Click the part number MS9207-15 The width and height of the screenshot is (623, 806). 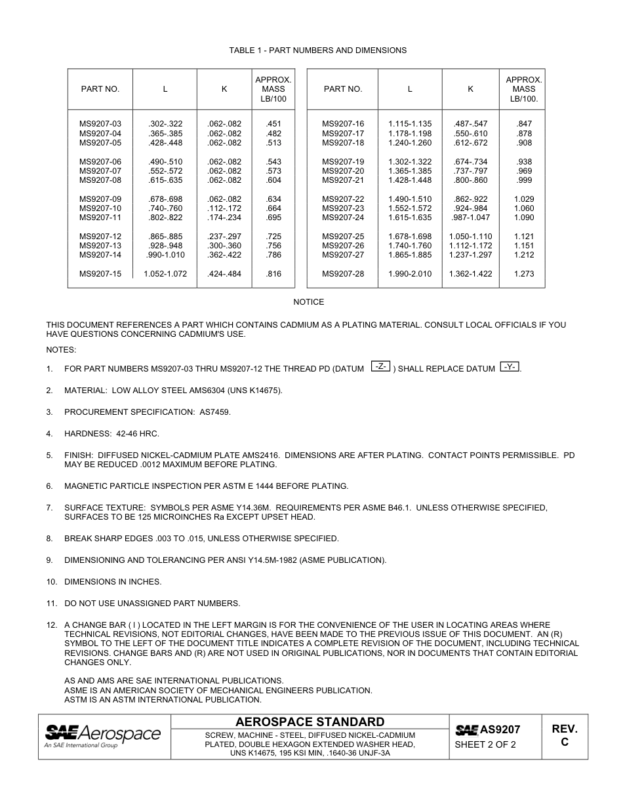(x=100, y=274)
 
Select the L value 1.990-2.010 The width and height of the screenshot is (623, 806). (x=410, y=274)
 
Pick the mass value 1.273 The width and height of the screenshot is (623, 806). (x=523, y=274)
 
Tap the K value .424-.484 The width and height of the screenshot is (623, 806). (x=224, y=274)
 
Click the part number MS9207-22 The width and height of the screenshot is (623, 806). (x=342, y=199)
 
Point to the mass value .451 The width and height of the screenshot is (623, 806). (x=273, y=124)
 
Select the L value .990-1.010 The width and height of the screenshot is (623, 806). (x=165, y=255)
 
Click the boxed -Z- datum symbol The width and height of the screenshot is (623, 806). (x=381, y=367)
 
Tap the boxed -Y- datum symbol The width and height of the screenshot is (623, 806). (x=510, y=367)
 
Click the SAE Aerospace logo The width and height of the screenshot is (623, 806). (x=102, y=736)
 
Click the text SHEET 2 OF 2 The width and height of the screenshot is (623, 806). (x=485, y=744)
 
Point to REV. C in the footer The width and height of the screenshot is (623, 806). (x=564, y=735)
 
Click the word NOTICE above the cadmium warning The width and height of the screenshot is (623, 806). (x=308, y=302)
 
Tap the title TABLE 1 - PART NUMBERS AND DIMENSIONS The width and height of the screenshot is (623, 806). (x=317, y=50)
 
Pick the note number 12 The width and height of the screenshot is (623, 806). (x=51, y=625)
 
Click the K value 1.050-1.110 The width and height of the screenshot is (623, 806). (x=470, y=237)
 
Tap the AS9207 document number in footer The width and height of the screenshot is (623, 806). (x=500, y=729)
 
